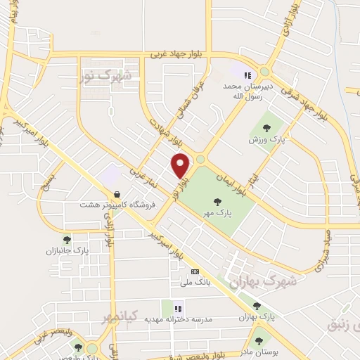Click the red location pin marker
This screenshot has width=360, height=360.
click(x=181, y=165)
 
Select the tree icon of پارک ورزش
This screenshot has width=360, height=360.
click(x=266, y=127)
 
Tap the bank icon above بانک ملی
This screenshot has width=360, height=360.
click(x=195, y=271)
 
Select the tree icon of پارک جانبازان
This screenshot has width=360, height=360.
click(x=67, y=240)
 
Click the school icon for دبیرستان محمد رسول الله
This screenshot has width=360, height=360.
click(x=247, y=75)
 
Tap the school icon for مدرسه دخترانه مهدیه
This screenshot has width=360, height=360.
click(x=178, y=307)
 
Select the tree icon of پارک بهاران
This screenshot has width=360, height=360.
click(x=257, y=306)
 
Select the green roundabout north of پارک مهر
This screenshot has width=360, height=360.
click(x=200, y=160)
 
